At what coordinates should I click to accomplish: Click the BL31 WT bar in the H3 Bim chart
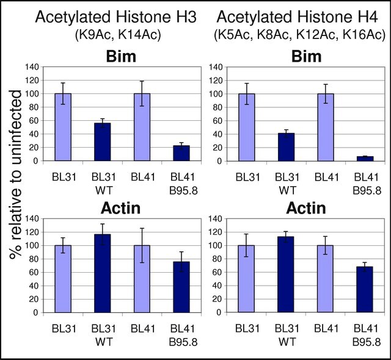point(103,142)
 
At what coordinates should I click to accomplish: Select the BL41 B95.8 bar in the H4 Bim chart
point(365,159)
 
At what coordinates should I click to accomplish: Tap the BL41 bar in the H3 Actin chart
point(142,279)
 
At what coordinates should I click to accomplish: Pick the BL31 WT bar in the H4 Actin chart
point(286,275)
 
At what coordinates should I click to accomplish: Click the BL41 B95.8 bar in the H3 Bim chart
point(181,153)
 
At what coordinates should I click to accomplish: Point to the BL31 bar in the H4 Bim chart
point(247,128)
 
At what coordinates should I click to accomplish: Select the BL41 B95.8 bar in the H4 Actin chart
point(365,290)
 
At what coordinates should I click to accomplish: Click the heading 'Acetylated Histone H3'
point(116,17)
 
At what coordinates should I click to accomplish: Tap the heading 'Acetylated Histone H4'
point(298,17)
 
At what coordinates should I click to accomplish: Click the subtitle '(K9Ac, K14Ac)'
point(118,35)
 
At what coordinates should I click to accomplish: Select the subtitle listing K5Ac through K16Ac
point(299,35)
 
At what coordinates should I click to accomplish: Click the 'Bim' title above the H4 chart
point(307,57)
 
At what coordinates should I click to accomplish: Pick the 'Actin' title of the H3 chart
point(121,208)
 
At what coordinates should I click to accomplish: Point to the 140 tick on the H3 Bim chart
point(32,67)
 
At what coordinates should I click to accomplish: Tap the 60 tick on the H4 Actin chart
point(217,272)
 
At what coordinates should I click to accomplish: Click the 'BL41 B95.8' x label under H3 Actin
point(183,336)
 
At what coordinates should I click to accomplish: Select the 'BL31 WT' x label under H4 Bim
point(287,184)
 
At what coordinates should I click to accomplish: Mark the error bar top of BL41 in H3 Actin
point(142,228)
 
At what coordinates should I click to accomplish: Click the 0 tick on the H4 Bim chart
point(219,161)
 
